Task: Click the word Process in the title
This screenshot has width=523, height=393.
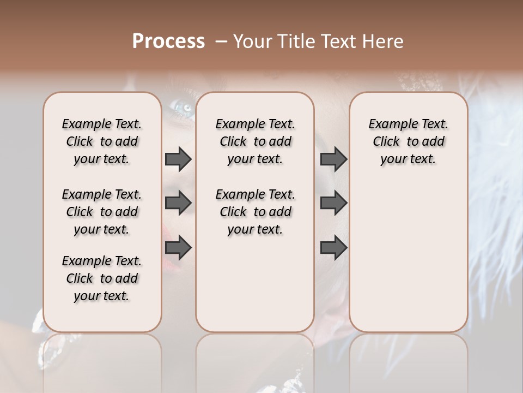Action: click(x=168, y=41)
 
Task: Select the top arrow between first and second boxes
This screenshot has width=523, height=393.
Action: click(x=178, y=159)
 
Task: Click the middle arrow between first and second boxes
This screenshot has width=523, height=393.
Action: click(x=178, y=203)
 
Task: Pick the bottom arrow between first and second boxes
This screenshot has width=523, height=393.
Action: click(x=178, y=248)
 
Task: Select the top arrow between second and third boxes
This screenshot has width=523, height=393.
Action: click(x=333, y=159)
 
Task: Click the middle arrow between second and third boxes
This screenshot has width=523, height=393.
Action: click(x=333, y=203)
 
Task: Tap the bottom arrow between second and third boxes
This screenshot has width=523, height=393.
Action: click(x=333, y=248)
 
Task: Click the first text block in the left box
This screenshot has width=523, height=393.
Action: click(x=102, y=141)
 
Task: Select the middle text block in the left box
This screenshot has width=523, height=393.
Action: click(x=102, y=212)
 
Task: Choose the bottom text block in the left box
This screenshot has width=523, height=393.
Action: click(x=102, y=278)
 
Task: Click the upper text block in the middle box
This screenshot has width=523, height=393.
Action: click(x=255, y=141)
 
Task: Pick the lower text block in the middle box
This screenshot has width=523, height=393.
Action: click(x=255, y=212)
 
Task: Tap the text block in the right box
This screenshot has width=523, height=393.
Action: click(x=408, y=141)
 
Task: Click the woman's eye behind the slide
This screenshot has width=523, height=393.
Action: click(x=186, y=108)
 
